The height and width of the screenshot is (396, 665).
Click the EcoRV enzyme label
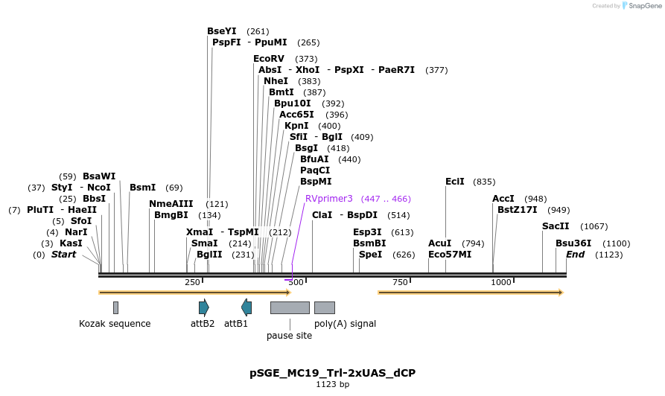(x=269, y=59)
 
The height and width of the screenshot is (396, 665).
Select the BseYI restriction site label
(x=221, y=31)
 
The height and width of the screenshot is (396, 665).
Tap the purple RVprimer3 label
(x=328, y=199)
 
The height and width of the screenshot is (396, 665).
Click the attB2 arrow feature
(x=203, y=307)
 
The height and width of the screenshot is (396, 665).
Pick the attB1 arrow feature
(x=246, y=307)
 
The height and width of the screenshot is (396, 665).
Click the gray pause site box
(x=290, y=307)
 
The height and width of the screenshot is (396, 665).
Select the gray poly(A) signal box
(x=324, y=307)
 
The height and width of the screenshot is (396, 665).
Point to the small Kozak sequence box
(x=115, y=307)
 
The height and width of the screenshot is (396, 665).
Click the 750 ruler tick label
(x=400, y=282)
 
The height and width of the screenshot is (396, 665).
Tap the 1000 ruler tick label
(x=501, y=282)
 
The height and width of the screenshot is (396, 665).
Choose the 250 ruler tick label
(x=192, y=282)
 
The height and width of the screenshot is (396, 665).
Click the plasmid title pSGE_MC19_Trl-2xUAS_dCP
(x=332, y=372)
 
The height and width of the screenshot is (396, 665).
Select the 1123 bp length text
(x=332, y=384)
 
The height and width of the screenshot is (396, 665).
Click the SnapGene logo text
(x=644, y=6)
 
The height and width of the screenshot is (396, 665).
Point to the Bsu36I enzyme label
(x=573, y=243)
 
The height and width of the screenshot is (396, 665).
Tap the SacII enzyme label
(x=556, y=226)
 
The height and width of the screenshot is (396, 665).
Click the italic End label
(x=575, y=255)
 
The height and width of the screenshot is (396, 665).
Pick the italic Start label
(x=63, y=255)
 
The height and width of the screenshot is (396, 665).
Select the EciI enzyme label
(x=454, y=182)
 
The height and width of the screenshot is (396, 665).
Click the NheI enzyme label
(x=276, y=81)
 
